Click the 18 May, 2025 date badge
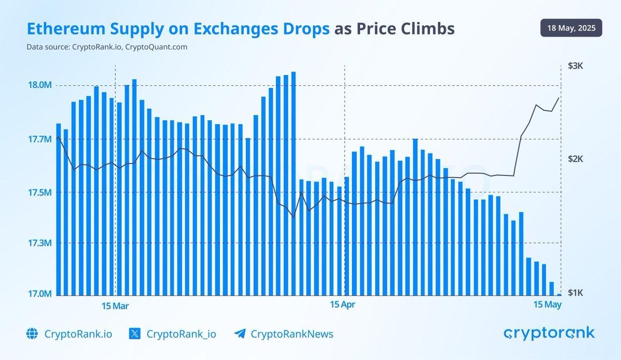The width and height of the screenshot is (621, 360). point(571,28)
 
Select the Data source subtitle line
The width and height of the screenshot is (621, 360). point(107,47)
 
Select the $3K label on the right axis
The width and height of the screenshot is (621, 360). point(575,66)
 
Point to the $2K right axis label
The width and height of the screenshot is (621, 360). point(575,159)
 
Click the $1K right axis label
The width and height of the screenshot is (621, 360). point(575,293)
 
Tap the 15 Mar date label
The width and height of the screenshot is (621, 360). point(115,306)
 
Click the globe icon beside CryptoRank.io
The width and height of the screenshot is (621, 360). point(32,334)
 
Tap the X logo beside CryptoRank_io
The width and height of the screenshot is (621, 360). point(135,334)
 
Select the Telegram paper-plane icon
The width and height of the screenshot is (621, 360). point(239,334)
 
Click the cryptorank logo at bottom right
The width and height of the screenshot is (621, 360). point(549,333)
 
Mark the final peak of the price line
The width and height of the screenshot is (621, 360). point(559,97)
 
